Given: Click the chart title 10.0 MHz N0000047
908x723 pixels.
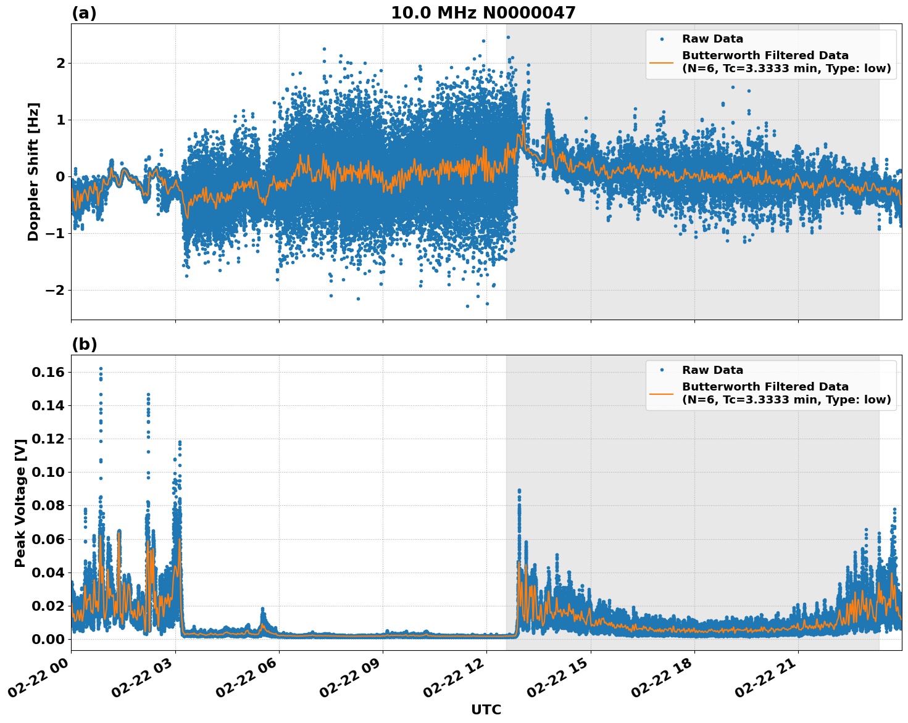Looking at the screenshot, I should [x=483, y=13].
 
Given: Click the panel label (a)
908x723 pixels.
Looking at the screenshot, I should [x=84, y=13].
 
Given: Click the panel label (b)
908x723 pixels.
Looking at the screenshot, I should [x=84, y=344].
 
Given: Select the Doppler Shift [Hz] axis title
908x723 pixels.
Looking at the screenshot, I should [x=33, y=171].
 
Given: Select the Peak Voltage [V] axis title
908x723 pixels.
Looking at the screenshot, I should [x=20, y=503].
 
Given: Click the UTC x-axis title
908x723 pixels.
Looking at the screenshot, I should [x=486, y=709].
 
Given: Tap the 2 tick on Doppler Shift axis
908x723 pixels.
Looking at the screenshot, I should [x=60, y=63].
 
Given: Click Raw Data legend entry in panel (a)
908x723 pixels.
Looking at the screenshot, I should [x=712, y=39].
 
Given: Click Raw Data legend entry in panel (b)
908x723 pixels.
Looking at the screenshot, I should [x=712, y=370].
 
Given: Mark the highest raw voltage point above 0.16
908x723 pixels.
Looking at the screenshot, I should [x=101, y=369].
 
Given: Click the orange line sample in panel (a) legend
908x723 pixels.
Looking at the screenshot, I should [x=661, y=62].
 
